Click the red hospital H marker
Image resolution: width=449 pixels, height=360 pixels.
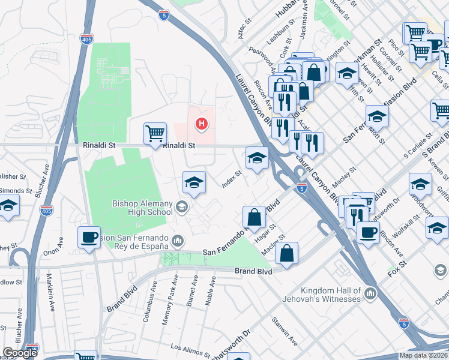202,124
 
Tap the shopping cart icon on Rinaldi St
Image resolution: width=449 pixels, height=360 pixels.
155,133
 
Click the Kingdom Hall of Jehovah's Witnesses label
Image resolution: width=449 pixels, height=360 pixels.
321,294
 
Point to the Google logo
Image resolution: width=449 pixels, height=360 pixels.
20,352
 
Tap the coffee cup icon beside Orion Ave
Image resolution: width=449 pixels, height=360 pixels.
89,237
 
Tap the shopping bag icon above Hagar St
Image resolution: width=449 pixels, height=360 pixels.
255,217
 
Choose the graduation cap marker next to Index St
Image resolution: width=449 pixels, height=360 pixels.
257,158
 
